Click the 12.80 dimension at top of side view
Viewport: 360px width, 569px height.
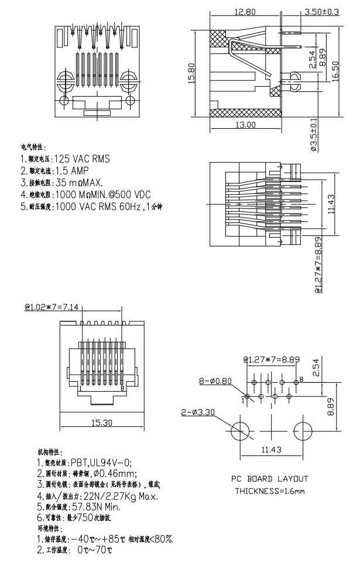pos(245,12)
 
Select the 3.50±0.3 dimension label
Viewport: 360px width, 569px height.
pos(321,12)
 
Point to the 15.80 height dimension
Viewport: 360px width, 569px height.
pos(191,73)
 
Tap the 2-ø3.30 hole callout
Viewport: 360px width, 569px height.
pos(198,412)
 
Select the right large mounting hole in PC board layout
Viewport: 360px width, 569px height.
pos(304,432)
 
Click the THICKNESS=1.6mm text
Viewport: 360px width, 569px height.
pos(270,491)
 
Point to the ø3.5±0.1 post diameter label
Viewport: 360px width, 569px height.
pos(314,135)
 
